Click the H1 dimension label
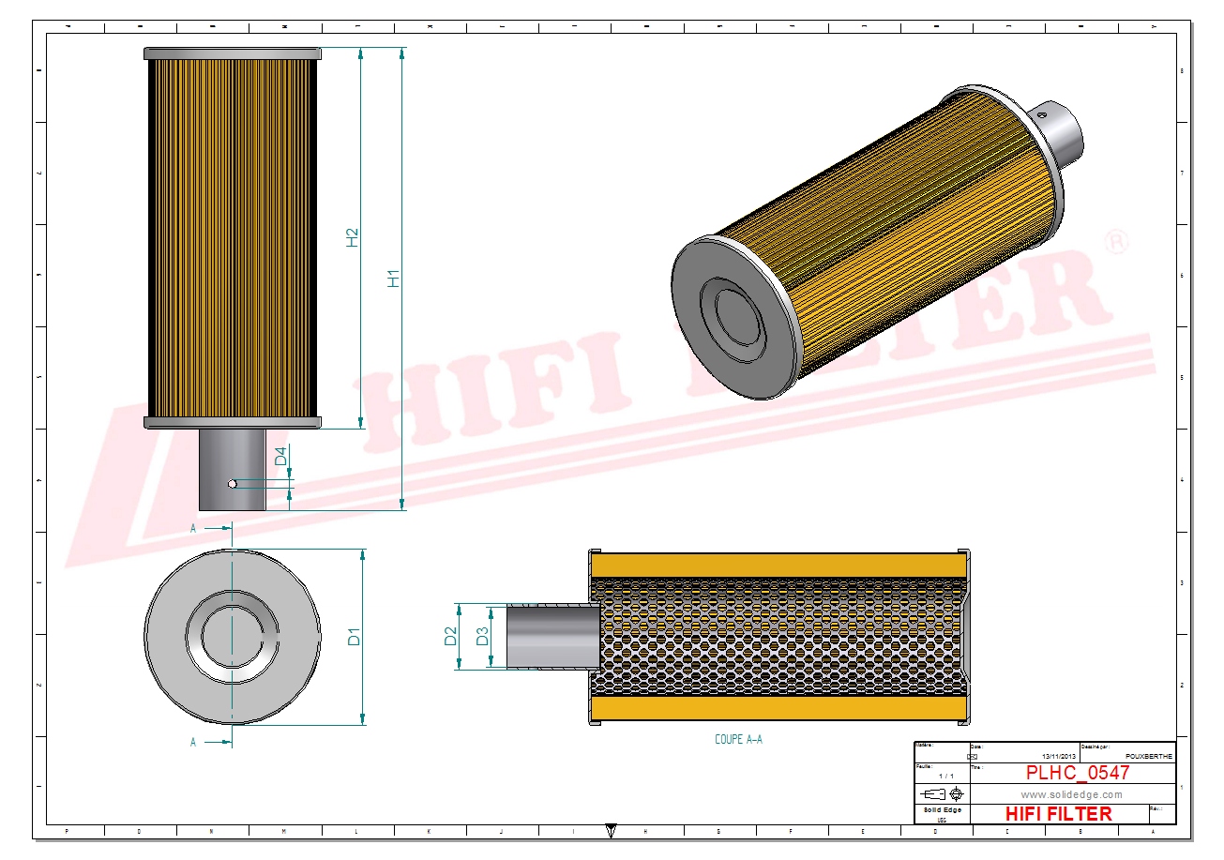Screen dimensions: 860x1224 click(395, 278)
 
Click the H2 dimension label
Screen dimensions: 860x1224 click(353, 237)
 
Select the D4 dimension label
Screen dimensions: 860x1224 click(280, 458)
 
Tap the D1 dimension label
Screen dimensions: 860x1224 click(355, 638)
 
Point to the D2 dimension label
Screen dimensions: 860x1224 click(451, 636)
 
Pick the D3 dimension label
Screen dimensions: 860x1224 click(482, 636)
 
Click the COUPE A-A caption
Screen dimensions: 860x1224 click(738, 739)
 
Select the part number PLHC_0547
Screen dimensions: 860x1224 click(1077, 773)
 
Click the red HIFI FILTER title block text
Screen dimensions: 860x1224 click(1058, 813)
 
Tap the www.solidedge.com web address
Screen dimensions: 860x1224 click(1071, 794)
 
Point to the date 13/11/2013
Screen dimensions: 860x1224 click(1059, 755)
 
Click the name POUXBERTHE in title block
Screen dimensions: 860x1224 click(1147, 755)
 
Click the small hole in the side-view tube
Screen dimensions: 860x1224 click(232, 484)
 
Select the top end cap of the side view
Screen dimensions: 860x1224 click(232, 53)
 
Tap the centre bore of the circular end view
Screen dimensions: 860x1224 click(232, 636)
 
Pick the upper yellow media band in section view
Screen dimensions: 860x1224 click(778, 565)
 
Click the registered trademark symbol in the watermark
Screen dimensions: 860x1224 click(1116, 243)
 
